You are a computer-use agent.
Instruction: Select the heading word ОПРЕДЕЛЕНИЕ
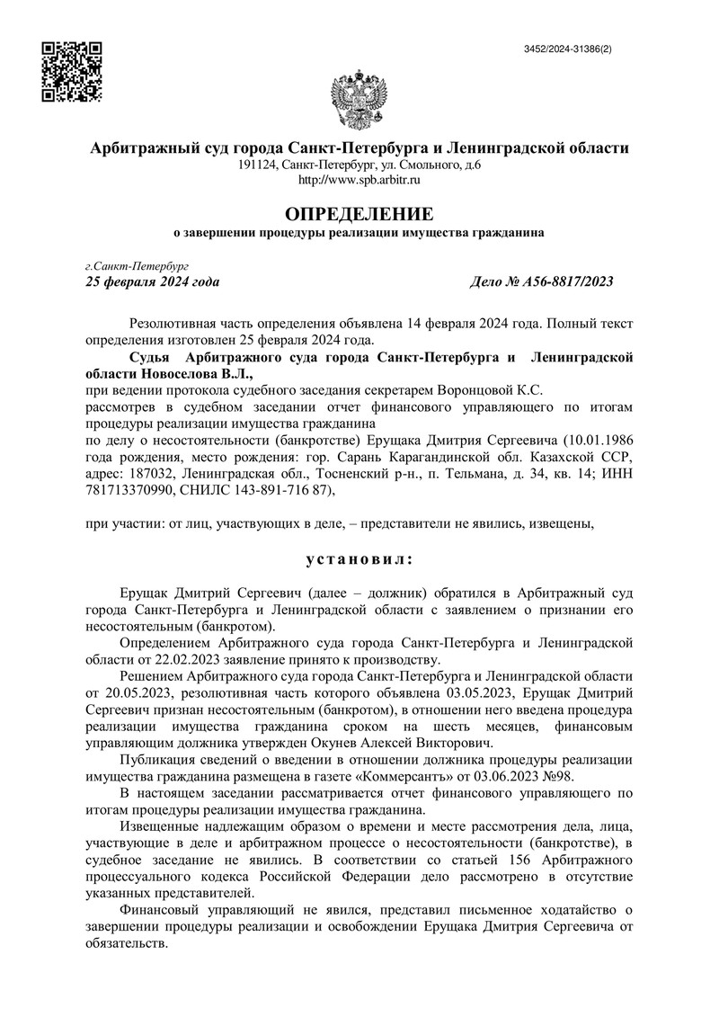pyautogui.click(x=359, y=214)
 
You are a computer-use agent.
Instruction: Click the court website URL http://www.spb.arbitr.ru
pyautogui.click(x=359, y=181)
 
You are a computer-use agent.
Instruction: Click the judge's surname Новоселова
pyautogui.click(x=177, y=374)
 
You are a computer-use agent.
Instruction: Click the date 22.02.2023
pyautogui.click(x=166, y=659)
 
